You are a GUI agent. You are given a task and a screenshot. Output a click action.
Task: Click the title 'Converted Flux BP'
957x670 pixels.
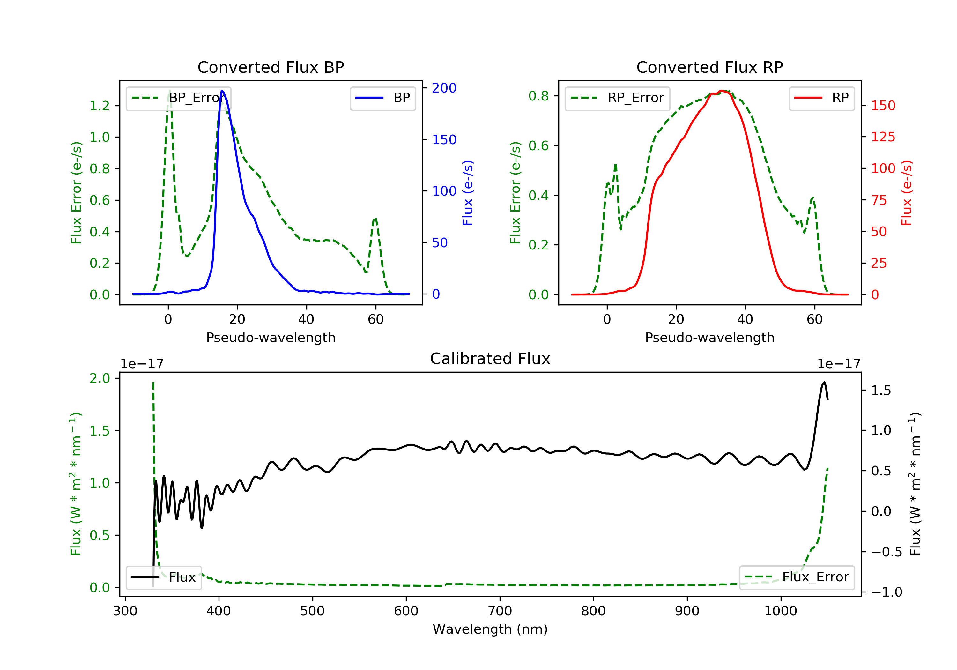[271, 67]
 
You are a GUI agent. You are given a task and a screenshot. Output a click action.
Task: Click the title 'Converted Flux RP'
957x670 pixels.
[709, 67]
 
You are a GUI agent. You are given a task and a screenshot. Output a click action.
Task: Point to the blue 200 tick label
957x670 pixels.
[444, 88]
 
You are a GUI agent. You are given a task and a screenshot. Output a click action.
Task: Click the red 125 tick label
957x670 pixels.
[883, 137]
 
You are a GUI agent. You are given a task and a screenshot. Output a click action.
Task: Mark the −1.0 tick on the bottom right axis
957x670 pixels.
[887, 592]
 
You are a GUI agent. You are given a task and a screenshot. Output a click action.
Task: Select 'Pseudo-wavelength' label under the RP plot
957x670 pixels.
[709, 337]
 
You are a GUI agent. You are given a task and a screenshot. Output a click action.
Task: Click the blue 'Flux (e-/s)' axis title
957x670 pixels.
[468, 193]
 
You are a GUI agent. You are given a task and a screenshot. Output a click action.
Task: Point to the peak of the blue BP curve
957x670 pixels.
[222, 91]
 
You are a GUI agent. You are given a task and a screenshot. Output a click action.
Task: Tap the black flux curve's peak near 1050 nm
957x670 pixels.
[824, 382]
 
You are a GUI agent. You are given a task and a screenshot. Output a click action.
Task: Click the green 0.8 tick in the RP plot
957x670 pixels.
[538, 96]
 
